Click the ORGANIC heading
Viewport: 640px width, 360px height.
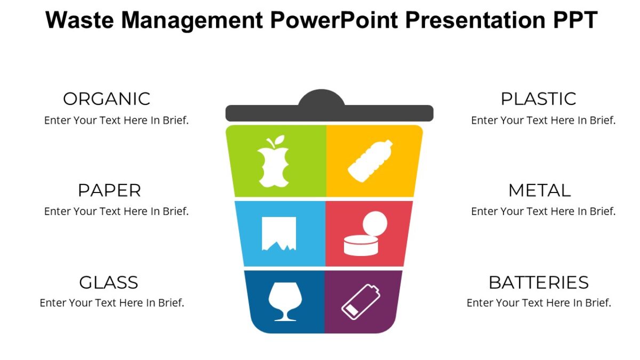click(x=107, y=99)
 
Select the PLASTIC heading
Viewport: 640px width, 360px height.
click(x=538, y=99)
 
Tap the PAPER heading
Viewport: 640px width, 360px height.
click(x=109, y=190)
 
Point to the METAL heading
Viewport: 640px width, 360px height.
click(x=539, y=190)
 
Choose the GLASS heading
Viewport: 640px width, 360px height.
click(x=108, y=282)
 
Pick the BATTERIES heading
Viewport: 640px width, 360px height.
click(x=539, y=282)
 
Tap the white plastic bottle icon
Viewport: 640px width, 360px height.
click(x=370, y=160)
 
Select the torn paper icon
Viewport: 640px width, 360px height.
click(x=278, y=234)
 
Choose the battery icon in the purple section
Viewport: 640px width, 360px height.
click(x=361, y=301)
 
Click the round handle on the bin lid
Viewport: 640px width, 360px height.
click(x=322, y=98)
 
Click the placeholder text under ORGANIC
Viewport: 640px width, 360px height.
click(x=116, y=121)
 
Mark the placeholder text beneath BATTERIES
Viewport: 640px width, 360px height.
click(x=539, y=303)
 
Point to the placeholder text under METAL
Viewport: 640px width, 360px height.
click(x=543, y=211)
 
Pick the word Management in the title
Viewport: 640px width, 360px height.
click(x=190, y=20)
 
